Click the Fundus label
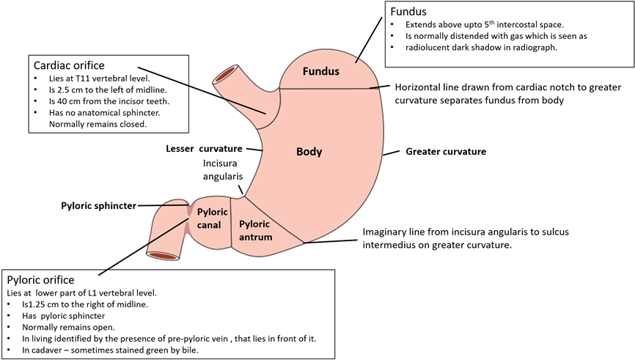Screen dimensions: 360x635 (322, 72)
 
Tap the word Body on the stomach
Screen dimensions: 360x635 (309, 152)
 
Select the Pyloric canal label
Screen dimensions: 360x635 (209, 218)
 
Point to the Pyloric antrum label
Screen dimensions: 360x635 (255, 230)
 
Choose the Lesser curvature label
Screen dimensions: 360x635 (204, 149)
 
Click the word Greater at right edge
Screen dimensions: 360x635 (422, 152)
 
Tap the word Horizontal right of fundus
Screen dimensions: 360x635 (416, 87)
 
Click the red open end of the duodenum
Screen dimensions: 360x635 (163, 256)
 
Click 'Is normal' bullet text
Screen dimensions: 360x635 (422, 35)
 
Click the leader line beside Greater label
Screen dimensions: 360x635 (393, 153)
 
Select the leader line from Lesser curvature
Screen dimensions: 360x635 (254, 149)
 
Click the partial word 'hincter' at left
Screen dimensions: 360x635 (122, 206)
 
